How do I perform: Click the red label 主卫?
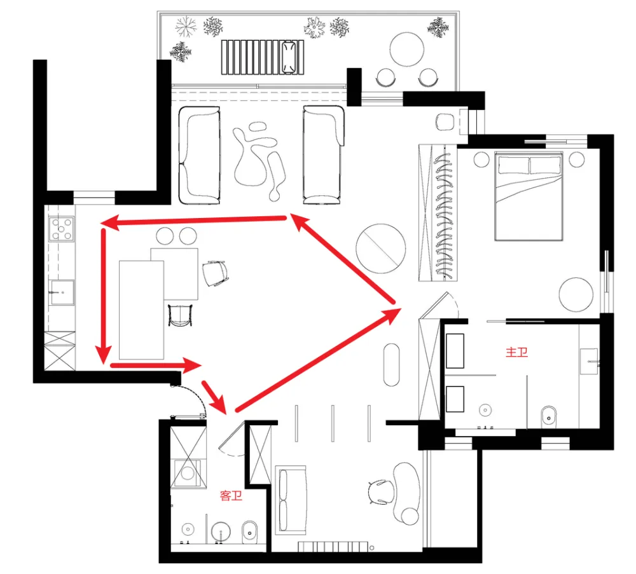(x=516, y=352)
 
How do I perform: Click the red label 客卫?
(x=231, y=495)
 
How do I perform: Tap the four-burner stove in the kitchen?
(x=61, y=229)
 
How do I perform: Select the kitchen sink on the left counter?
(x=62, y=292)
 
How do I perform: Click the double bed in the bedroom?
(x=529, y=196)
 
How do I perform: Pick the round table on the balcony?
(x=406, y=49)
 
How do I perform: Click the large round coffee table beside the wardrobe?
(x=380, y=249)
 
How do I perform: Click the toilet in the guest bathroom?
(x=249, y=532)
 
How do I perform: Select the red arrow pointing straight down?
(x=104, y=296)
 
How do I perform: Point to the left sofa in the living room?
(x=199, y=155)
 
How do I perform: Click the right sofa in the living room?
(x=323, y=155)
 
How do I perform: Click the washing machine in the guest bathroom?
(x=187, y=473)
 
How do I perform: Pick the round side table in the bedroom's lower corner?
(x=576, y=295)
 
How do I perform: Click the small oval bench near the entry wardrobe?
(x=391, y=365)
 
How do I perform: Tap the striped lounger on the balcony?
(x=263, y=57)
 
